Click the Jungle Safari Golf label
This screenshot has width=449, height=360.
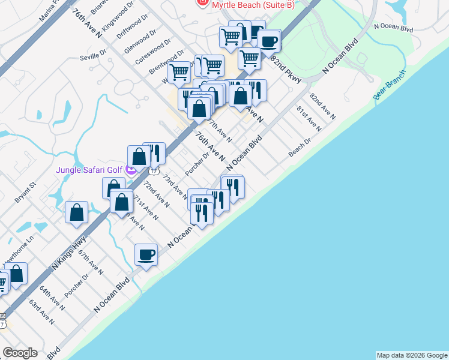pyautogui.click(x=89, y=170)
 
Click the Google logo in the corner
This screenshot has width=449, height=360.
pyautogui.click(x=20, y=352)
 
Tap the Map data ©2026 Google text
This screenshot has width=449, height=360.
pyautogui.click(x=412, y=355)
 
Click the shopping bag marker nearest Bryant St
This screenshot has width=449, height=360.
pyautogui.click(x=77, y=212)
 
